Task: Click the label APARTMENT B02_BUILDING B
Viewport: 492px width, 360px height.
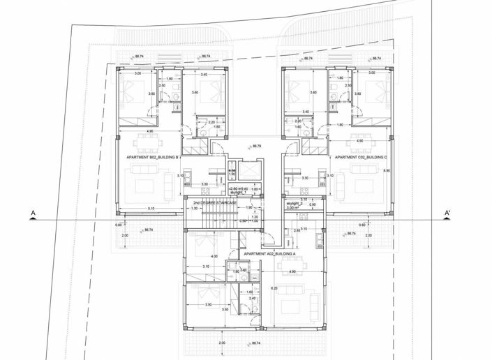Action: pos(154,158)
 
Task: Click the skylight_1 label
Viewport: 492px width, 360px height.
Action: pos(239,193)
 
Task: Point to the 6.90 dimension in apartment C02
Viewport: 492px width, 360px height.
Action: pos(386,170)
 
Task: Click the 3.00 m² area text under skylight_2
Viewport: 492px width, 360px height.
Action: pos(294,208)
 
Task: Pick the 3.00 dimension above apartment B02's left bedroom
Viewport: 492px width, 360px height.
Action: pos(137,73)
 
